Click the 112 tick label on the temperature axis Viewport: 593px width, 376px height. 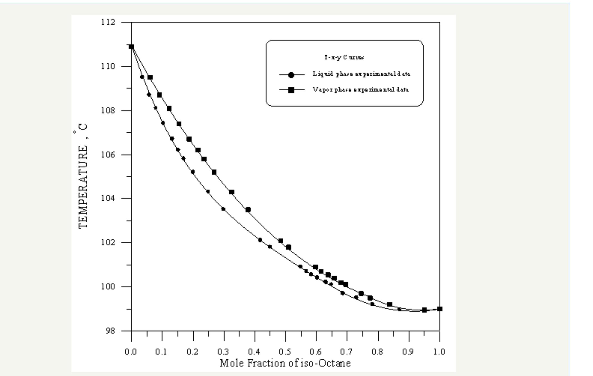[108, 22]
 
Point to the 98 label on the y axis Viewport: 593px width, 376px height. [110, 331]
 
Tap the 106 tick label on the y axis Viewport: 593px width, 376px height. [108, 155]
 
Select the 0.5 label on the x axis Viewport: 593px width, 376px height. [285, 352]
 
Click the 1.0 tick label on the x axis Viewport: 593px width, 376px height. [439, 352]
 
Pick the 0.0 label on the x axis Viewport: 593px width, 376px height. [131, 352]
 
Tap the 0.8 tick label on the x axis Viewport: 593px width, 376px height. [378, 352]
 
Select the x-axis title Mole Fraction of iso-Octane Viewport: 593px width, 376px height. [285, 363]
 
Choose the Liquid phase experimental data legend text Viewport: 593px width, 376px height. [361, 74]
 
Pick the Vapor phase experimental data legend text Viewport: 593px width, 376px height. [361, 90]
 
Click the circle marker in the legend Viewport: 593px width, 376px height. [291, 75]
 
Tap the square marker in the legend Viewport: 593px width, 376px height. [291, 90]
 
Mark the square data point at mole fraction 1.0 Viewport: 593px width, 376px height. [440, 309]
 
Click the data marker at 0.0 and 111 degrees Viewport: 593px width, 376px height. [131, 47]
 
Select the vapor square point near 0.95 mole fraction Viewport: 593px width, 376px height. [424, 310]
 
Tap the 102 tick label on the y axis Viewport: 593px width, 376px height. [108, 242]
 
